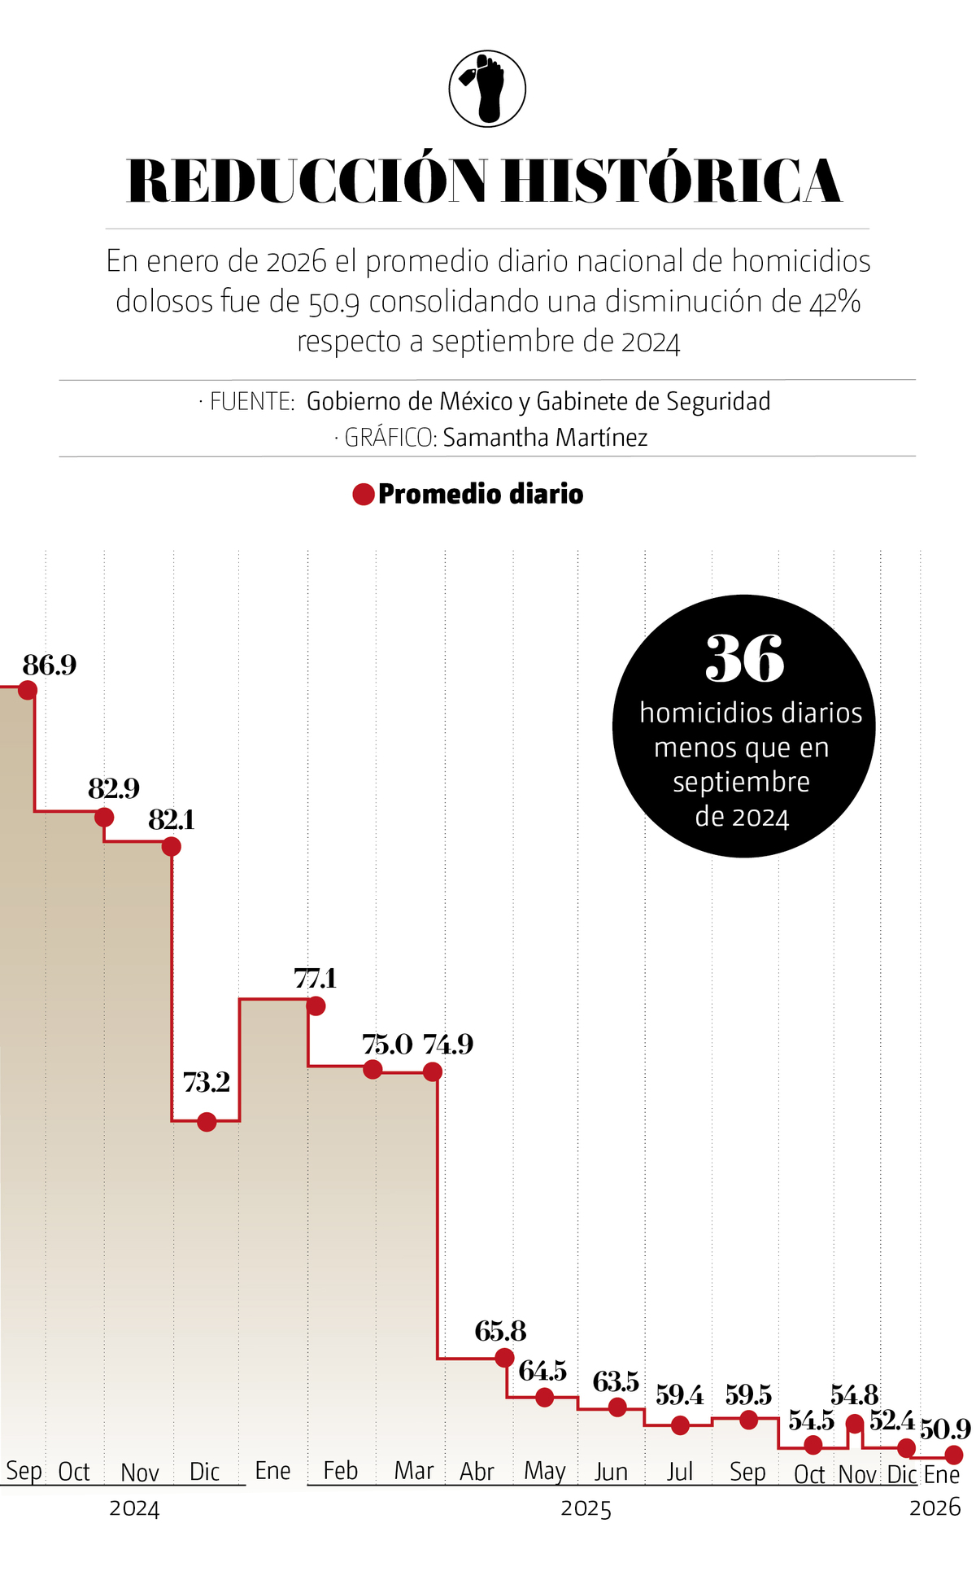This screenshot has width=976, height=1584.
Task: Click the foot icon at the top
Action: tap(487, 89)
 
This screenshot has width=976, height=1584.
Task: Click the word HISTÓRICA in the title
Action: tap(671, 181)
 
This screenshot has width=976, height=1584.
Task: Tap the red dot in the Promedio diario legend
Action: tap(363, 494)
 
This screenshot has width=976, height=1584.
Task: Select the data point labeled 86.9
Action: tap(28, 690)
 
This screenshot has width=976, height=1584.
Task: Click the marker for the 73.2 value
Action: tap(207, 1122)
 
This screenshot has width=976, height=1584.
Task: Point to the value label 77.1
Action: tap(315, 978)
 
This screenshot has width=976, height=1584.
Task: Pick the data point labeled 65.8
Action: tap(504, 1357)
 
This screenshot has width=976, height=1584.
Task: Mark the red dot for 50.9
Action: tap(954, 1454)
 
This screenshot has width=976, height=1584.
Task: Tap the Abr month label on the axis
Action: tap(477, 1472)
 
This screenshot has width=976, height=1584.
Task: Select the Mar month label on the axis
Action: tap(413, 1471)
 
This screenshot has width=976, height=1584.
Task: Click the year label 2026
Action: tap(935, 1508)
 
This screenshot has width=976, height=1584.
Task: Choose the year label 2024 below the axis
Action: tap(134, 1508)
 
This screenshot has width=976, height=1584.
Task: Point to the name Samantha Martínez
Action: tap(545, 438)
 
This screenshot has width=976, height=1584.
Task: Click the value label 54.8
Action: tap(854, 1396)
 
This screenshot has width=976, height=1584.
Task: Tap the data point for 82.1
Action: tap(171, 847)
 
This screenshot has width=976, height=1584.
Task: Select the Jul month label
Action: tap(679, 1472)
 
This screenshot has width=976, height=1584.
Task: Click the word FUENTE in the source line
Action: tap(251, 401)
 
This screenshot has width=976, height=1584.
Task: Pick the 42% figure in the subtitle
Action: tap(835, 302)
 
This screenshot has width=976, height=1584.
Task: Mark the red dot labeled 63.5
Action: tap(617, 1407)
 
